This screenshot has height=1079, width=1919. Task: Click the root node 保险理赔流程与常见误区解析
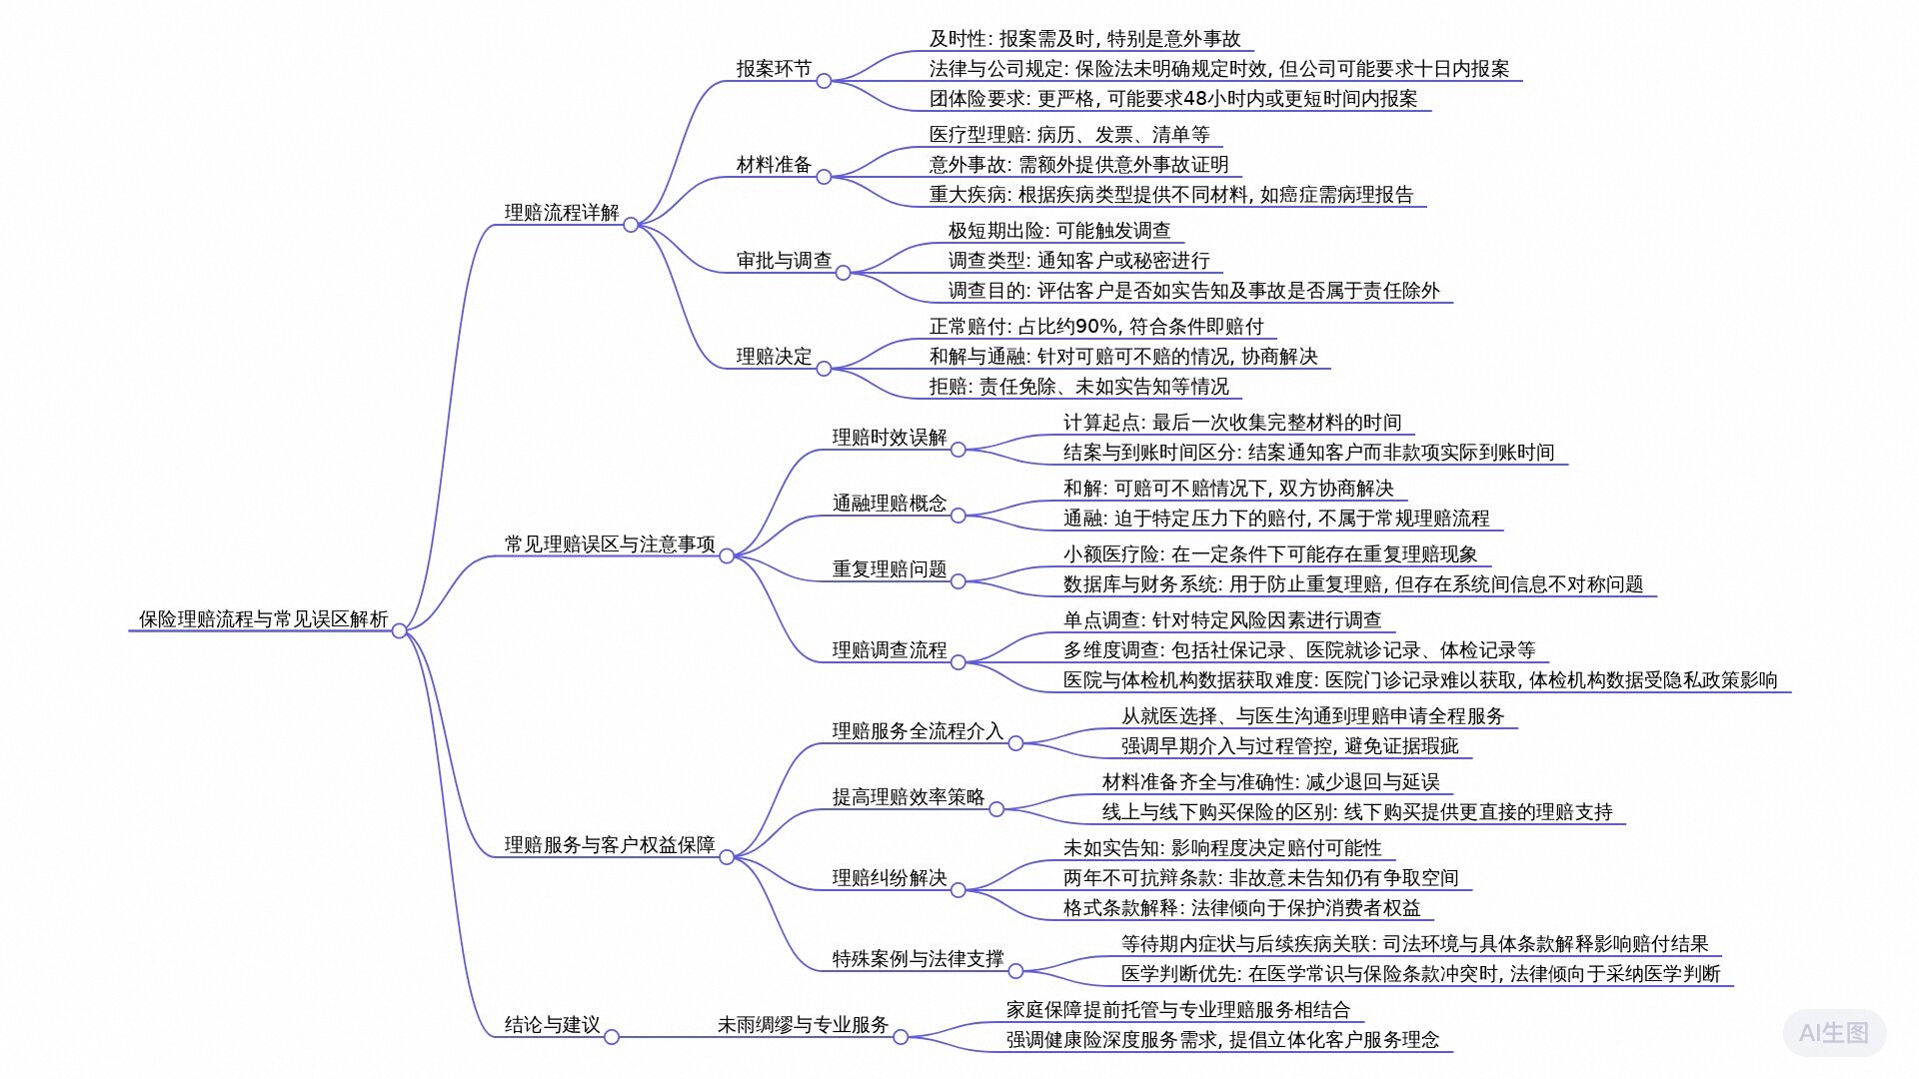[263, 619]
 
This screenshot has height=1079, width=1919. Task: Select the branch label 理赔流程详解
[561, 213]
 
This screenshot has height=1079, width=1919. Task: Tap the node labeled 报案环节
[774, 69]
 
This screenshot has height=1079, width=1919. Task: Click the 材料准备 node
[774, 165]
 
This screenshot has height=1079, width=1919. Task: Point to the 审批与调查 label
[784, 261]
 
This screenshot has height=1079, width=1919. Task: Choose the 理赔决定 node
[774, 357]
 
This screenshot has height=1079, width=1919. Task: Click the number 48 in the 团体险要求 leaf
[1195, 99]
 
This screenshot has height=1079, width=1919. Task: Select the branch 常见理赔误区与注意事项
[610, 544]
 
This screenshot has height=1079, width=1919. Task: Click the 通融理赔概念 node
[889, 504]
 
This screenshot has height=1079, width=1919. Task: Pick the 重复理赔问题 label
[889, 569]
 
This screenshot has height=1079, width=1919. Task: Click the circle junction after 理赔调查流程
[958, 662]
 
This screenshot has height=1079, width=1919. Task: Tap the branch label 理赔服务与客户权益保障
[610, 845]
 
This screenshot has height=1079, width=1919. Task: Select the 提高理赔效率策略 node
[908, 797]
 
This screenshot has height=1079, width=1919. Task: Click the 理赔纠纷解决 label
[889, 878]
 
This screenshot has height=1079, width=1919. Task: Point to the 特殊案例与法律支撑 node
[918, 959]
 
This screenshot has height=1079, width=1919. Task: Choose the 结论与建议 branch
[552, 1025]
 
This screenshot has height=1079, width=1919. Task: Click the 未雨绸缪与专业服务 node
[803, 1025]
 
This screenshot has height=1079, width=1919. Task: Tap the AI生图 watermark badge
[1833, 1033]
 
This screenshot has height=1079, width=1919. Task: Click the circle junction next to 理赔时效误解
[958, 450]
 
